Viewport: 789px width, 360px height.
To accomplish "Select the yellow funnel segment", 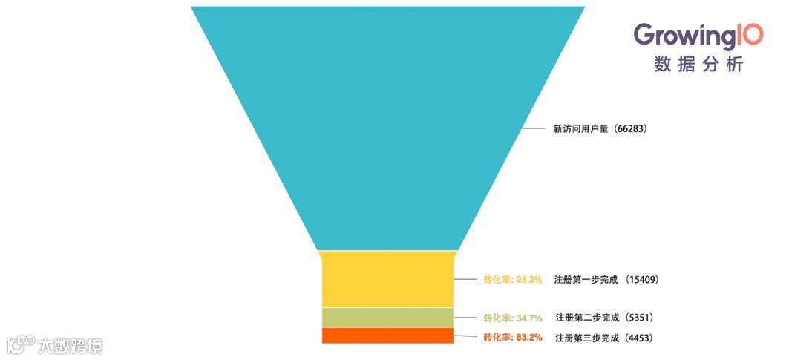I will (x=387, y=279).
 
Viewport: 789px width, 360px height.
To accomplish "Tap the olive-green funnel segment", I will (x=387, y=317).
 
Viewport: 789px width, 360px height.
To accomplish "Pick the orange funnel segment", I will (x=387, y=336).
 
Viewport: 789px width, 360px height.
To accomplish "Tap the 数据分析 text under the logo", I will (x=698, y=65).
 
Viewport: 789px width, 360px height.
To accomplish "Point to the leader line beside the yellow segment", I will (x=466, y=280).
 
